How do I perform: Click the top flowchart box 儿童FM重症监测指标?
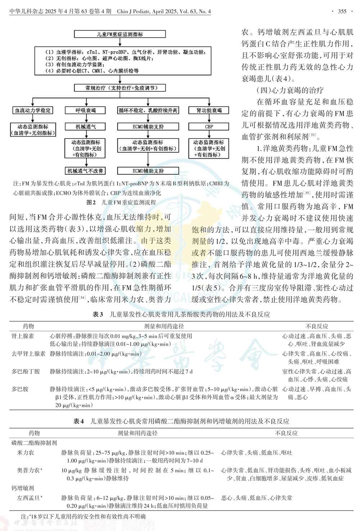(120, 34)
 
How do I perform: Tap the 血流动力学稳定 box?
(33, 110)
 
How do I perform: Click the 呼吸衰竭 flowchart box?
(85, 110)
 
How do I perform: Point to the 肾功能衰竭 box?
(209, 110)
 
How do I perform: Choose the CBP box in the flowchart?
(209, 127)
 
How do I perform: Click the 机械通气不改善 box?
(85, 171)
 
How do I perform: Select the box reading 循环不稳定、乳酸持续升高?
(148, 110)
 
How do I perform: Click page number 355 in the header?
(342, 11)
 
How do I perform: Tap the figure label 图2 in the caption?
(91, 203)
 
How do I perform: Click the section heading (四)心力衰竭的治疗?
(290, 90)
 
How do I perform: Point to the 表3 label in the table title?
(98, 314)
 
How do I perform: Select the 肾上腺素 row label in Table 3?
(23, 336)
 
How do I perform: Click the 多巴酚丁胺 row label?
(26, 371)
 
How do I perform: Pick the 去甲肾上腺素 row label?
(28, 354)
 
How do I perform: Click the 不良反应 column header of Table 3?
(317, 326)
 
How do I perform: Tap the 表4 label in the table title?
(78, 421)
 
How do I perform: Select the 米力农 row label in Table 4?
(26, 453)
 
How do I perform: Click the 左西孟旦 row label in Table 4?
(29, 498)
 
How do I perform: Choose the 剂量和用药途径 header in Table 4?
(138, 433)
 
